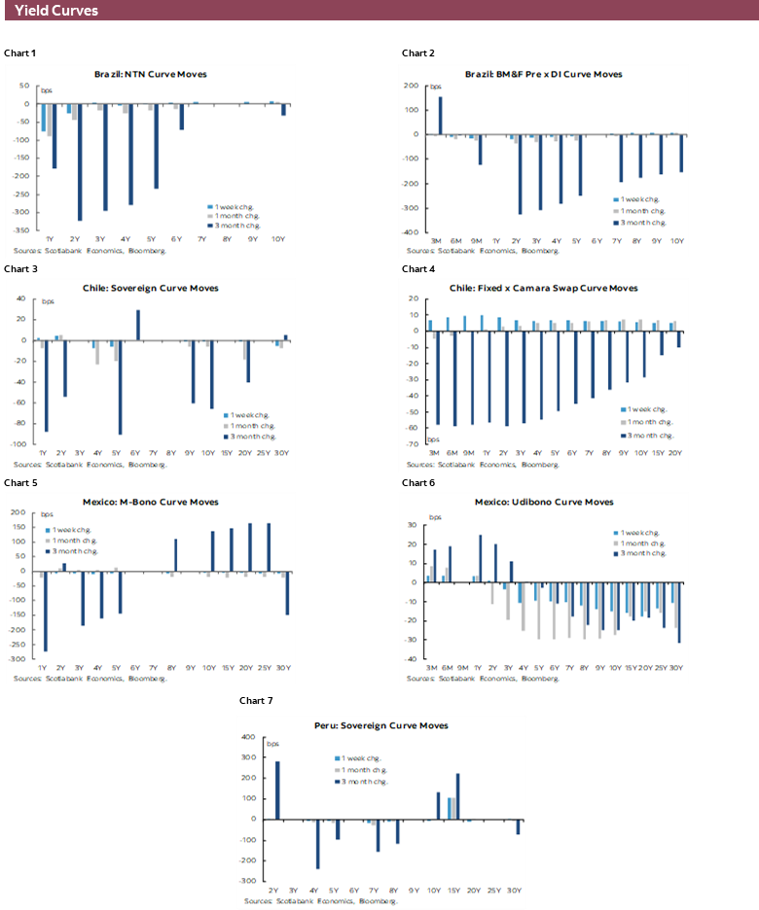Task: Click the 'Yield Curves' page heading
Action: click(56, 11)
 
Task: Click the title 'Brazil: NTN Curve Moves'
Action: click(150, 74)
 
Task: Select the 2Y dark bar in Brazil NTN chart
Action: click(80, 161)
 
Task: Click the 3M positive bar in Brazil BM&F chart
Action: click(440, 115)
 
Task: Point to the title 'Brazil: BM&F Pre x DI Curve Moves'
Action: click(543, 74)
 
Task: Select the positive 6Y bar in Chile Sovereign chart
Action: click(137, 325)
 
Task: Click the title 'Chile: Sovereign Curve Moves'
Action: click(150, 288)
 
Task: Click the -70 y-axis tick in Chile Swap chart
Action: click(413, 444)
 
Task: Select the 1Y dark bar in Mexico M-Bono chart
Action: click(44, 611)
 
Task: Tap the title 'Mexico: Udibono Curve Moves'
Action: click(543, 502)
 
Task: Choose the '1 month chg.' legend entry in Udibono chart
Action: click(647, 542)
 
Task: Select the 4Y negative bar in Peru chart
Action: click(317, 843)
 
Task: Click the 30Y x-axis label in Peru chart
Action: click(514, 891)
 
